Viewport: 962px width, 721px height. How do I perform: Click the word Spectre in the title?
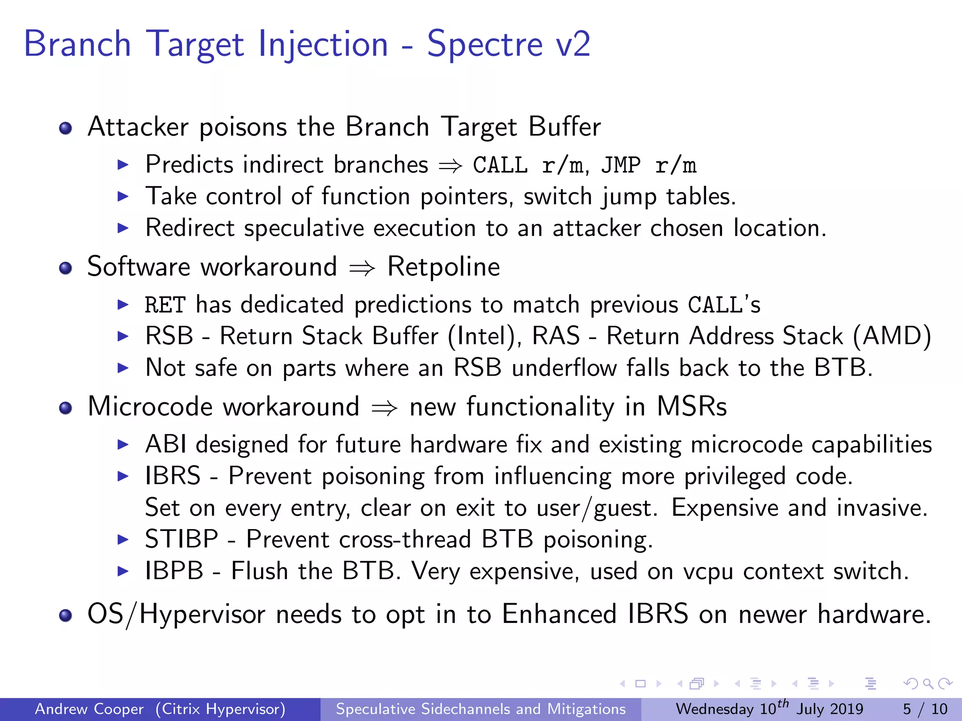tap(485, 45)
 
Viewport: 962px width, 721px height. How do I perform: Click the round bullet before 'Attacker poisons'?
tap(66, 128)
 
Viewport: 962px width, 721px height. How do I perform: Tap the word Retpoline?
tap(443, 267)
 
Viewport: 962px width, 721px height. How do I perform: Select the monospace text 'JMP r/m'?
tap(648, 165)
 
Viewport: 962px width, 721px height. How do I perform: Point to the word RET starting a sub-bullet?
tap(165, 305)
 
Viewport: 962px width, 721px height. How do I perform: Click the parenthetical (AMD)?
tap(892, 337)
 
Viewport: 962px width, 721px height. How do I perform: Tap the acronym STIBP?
tap(181, 539)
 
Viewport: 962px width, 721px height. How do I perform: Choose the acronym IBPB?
tap(174, 571)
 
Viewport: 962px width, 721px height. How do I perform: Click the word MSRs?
tap(691, 407)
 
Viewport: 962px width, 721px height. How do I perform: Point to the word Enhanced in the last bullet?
tap(559, 614)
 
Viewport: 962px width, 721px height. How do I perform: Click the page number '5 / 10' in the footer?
tap(925, 709)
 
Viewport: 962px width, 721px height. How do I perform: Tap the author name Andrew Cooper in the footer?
tap(89, 709)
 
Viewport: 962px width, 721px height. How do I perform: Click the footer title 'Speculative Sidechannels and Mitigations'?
tap(481, 709)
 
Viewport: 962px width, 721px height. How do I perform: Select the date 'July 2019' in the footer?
tap(830, 709)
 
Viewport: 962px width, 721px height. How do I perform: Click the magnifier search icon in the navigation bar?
tap(928, 684)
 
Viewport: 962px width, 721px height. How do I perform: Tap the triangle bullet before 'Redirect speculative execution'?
tap(123, 229)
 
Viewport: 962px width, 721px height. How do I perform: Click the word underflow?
tap(564, 368)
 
